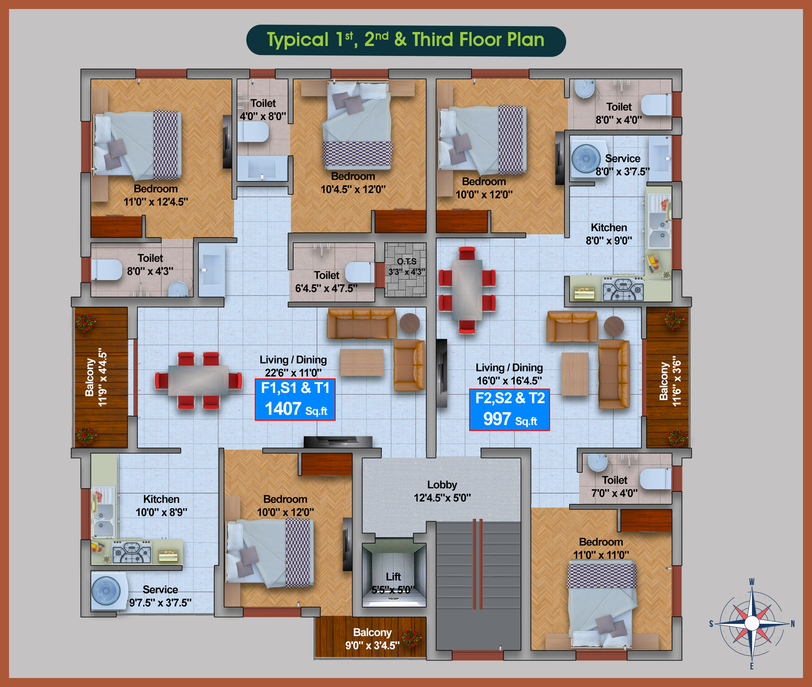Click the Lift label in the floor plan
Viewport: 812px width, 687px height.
click(x=393, y=576)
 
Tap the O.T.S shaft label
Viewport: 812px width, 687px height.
click(x=407, y=261)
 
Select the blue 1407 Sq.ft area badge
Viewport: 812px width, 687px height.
click(x=295, y=399)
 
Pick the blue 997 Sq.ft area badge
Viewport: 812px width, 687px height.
click(x=509, y=410)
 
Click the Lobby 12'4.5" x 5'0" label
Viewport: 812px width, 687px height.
click(x=442, y=491)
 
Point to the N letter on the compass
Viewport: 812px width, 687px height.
click(x=793, y=624)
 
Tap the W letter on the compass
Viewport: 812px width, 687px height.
click(x=752, y=582)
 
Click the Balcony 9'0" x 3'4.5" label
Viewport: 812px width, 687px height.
click(x=372, y=639)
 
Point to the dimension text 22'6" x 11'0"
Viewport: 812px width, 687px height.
click(x=293, y=373)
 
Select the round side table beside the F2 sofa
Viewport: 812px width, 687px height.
click(x=614, y=326)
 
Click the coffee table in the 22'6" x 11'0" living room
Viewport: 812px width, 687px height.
click(x=362, y=362)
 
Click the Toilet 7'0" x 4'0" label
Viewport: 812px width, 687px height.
click(x=614, y=486)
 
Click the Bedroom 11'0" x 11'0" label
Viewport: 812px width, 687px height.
click(x=601, y=548)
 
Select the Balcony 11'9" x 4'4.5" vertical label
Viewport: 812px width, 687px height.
click(x=96, y=377)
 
